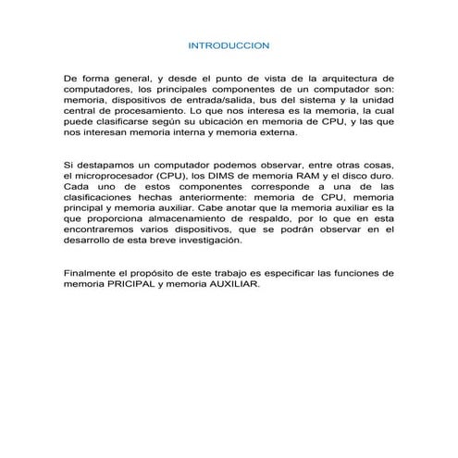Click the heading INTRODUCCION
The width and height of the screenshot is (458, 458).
tap(228, 44)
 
